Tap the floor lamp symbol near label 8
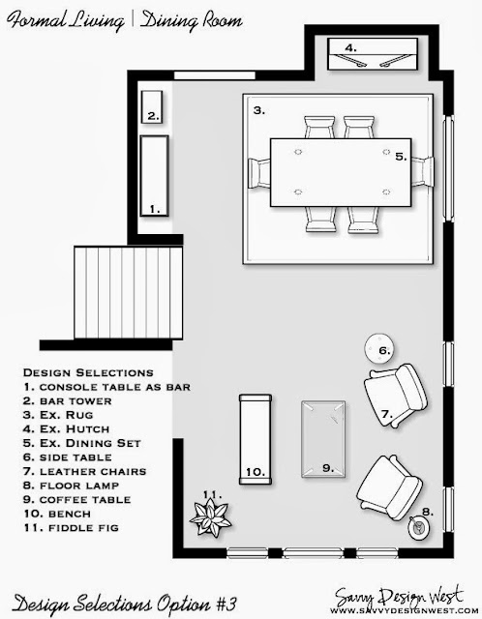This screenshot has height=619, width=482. (419, 528)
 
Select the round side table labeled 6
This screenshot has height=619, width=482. (379, 349)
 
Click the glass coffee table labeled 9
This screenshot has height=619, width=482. (323, 439)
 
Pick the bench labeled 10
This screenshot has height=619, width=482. (256, 439)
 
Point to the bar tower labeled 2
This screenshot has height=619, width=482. (152, 107)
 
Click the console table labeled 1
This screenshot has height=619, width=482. (155, 176)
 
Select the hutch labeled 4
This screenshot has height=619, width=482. (373, 54)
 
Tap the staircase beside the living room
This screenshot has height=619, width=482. (129, 292)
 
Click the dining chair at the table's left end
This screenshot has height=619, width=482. (259, 173)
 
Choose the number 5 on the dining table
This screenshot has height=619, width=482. (401, 157)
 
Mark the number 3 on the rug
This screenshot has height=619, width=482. (259, 110)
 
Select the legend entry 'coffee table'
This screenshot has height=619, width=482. (77, 499)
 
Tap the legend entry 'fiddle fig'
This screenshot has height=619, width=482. (71, 528)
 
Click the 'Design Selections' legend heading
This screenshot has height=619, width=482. (88, 372)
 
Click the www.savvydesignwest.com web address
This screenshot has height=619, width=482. (401, 610)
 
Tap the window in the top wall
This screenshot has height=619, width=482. (215, 75)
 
